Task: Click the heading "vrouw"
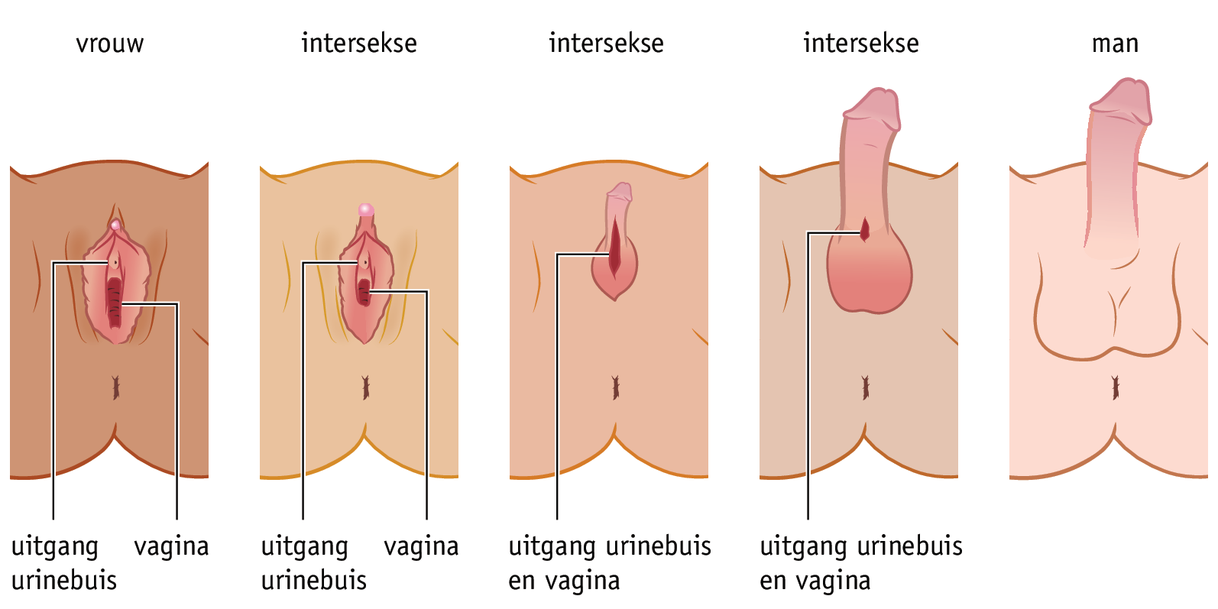[x=110, y=44]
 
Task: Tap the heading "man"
[x=1115, y=44]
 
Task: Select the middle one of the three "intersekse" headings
[x=606, y=44]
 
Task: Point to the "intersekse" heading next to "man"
[x=860, y=44]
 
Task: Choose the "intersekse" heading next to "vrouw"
[x=359, y=44]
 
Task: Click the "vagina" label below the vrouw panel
[x=171, y=546]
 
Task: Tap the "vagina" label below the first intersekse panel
[x=421, y=546]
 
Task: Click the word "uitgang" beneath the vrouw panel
[x=55, y=548]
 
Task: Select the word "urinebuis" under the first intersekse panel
[x=314, y=581]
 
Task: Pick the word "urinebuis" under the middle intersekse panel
[x=659, y=546]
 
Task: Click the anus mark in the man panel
[x=1116, y=387]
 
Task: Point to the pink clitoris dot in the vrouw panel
[x=115, y=225]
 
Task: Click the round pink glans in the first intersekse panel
[x=366, y=209]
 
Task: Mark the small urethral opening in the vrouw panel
[x=115, y=262]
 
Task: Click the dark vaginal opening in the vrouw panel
[x=115, y=302]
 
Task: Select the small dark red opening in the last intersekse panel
[x=865, y=228]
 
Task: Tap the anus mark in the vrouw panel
[x=116, y=387]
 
